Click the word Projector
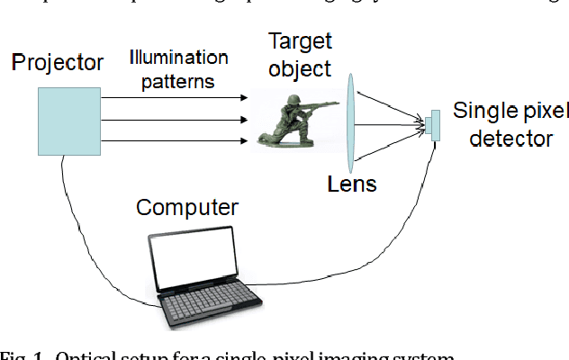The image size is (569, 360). (x=58, y=64)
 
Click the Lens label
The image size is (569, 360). (x=352, y=184)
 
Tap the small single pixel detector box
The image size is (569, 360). (x=434, y=125)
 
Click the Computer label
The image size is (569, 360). (x=187, y=209)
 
